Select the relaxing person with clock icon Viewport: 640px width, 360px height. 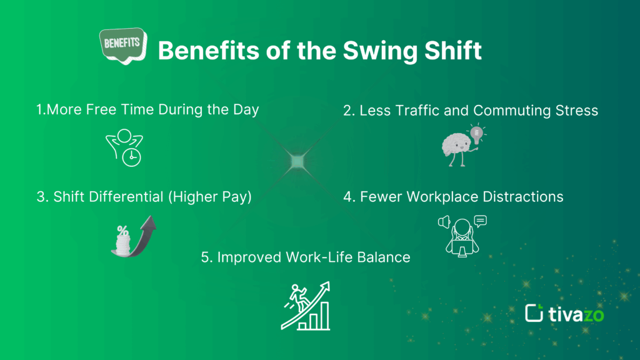pos(122,147)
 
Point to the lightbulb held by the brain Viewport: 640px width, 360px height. pos(477,134)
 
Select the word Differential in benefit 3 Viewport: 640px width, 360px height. pos(131,197)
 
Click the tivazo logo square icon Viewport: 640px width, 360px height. pos(535,313)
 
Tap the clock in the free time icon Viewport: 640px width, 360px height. pos(131,157)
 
